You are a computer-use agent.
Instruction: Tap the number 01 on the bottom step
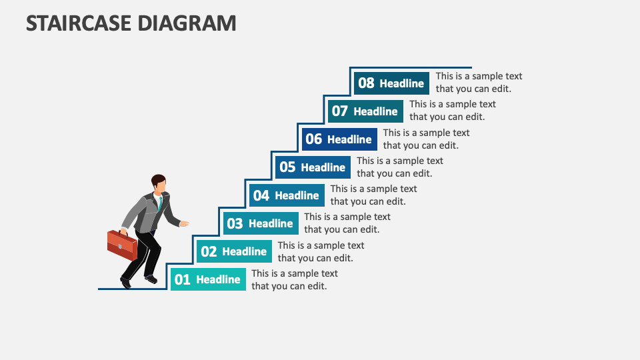(x=182, y=280)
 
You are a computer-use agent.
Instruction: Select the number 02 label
(x=209, y=252)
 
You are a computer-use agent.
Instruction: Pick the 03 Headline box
(x=261, y=223)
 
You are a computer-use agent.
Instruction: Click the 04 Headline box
(x=287, y=195)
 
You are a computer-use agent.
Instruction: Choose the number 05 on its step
(x=287, y=167)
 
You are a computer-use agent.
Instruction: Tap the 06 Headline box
(x=339, y=139)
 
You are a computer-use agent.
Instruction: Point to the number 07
(x=340, y=111)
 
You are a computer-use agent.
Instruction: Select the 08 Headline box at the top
(x=391, y=83)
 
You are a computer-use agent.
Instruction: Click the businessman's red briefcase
(x=122, y=245)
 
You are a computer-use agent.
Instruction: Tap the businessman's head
(x=159, y=183)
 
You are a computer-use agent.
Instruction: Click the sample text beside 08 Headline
(x=479, y=83)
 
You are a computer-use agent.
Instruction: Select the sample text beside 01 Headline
(x=294, y=280)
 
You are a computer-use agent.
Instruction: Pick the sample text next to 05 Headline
(x=399, y=167)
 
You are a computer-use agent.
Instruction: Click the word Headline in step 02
(x=245, y=252)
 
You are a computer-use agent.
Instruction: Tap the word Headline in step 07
(x=375, y=111)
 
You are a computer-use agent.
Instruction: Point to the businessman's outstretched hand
(x=185, y=223)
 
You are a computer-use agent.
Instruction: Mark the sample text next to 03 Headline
(x=347, y=223)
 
